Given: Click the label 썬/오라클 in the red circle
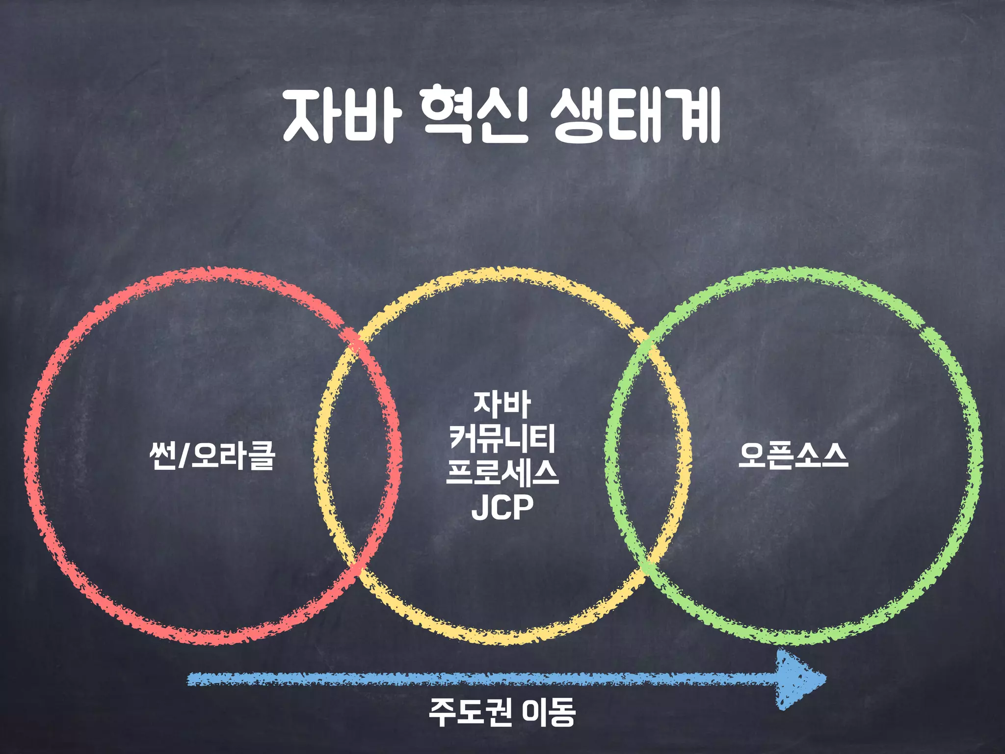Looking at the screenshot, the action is pos(212,456).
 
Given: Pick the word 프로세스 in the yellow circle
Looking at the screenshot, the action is pos(502,472).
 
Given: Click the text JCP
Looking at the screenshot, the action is pos(502,508).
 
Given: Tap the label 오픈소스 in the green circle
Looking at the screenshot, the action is pos(793,456).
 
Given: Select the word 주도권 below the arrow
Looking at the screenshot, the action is pos(471,712).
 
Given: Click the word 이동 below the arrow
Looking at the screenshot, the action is pos(549,712).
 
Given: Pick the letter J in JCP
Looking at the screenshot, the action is pos(479,508).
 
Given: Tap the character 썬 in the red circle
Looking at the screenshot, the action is pos(163,456).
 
